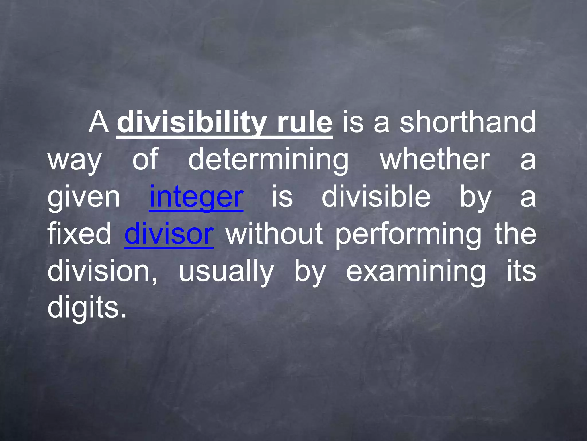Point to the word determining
coord(269,160)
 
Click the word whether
coord(435,160)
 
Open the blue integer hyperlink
coord(196,197)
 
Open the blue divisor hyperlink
coord(169,234)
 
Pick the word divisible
coord(376,197)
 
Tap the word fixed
coord(79,234)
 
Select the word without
coord(274,234)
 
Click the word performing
coord(408,234)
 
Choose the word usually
coord(226,271)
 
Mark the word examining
coord(416,271)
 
